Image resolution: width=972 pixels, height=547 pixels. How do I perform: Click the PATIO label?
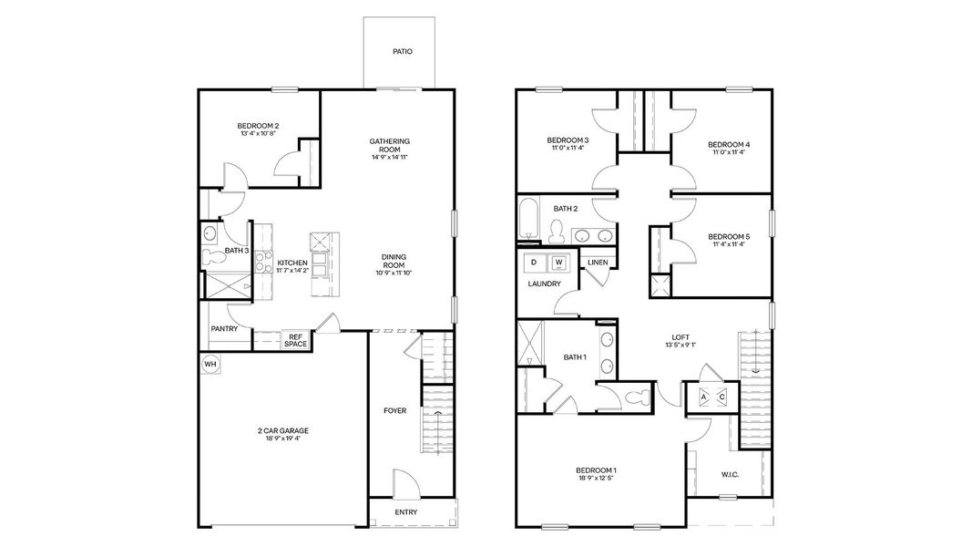(x=402, y=52)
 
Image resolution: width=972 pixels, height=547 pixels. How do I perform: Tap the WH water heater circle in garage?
(x=210, y=364)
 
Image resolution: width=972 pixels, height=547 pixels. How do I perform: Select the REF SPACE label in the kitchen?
(x=295, y=340)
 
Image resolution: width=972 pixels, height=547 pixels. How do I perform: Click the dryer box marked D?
(x=534, y=263)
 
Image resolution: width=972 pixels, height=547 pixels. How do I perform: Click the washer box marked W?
(x=559, y=263)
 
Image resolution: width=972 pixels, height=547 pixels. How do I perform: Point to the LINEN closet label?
(x=598, y=263)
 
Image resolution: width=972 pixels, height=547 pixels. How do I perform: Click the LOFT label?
(x=680, y=336)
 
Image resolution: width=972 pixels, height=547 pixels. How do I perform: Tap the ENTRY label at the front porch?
(x=405, y=512)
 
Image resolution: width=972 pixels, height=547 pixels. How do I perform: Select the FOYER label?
(x=394, y=411)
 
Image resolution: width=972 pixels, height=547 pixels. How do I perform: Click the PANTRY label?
(x=224, y=329)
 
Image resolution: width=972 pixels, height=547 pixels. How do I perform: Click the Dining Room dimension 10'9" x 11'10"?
(x=394, y=273)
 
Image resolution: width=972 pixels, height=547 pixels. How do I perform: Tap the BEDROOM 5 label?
(x=729, y=237)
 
